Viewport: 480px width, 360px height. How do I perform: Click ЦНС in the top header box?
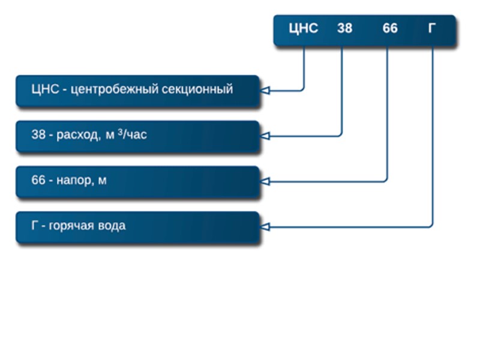point(303,28)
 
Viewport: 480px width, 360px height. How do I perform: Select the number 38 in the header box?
point(344,28)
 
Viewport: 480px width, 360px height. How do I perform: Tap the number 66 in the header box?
point(390,28)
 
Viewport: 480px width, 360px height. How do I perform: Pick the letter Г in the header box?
point(432,28)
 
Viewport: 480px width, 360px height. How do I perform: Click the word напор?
point(74,181)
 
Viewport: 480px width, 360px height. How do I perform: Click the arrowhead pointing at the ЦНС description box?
point(265,91)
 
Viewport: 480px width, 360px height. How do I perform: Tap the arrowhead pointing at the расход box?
point(265,136)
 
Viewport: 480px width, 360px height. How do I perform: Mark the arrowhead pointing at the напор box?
point(265,181)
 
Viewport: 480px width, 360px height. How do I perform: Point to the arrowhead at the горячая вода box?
point(265,227)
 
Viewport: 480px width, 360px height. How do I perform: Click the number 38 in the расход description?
point(38,135)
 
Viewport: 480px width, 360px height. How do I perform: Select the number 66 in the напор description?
point(38,180)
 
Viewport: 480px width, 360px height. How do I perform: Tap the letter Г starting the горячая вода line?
point(34,226)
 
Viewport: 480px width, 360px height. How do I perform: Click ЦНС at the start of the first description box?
point(43,90)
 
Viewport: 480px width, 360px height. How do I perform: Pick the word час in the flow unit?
point(136,135)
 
